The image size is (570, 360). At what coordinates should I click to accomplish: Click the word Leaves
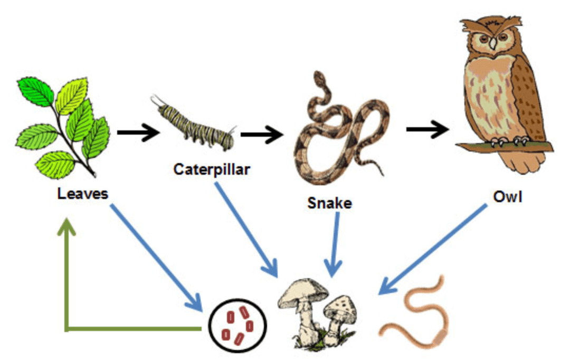(82, 194)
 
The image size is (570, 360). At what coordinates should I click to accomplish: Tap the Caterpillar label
(212, 169)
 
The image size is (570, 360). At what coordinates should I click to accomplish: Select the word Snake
(330, 203)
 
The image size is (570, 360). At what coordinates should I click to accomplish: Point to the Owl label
(508, 197)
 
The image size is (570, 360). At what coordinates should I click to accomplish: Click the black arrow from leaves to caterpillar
(138, 132)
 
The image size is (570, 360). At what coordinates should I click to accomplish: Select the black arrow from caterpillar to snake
(262, 135)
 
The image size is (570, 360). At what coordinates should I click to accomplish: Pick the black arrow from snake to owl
(427, 129)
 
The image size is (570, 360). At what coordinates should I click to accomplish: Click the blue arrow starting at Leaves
(156, 258)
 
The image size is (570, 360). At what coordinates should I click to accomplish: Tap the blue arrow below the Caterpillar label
(246, 230)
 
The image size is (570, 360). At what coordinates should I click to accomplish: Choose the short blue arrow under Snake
(335, 245)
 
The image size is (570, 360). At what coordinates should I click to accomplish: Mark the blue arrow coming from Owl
(433, 249)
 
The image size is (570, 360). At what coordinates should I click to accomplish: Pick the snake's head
(319, 77)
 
